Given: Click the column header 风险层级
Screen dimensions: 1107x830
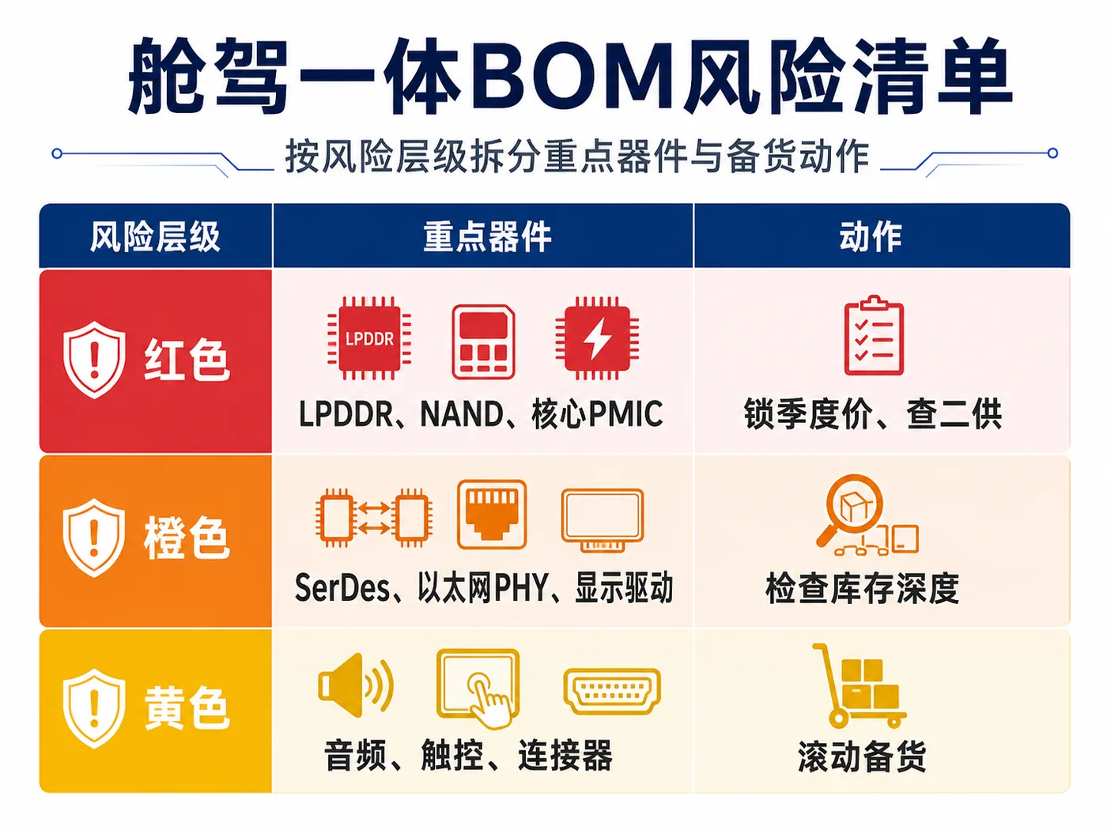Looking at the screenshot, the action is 155,236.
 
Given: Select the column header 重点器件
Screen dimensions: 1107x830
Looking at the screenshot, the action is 486,236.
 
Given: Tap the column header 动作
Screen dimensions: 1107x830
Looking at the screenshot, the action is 871,236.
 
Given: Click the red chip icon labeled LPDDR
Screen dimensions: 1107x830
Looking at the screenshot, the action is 369,338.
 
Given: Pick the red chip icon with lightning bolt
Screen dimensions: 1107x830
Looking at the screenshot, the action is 597,338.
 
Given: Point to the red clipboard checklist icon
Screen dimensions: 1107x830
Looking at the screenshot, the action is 874,335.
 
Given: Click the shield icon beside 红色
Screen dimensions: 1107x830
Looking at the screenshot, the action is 94,360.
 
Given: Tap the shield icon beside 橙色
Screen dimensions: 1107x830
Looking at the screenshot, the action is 94,538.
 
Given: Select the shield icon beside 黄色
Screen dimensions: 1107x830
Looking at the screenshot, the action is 94,708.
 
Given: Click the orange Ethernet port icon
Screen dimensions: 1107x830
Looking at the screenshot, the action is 492,515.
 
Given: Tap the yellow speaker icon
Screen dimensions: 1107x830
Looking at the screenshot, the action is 356,685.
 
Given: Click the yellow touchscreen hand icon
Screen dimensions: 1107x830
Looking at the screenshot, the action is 478,689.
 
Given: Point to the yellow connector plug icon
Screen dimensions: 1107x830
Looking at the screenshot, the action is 612,691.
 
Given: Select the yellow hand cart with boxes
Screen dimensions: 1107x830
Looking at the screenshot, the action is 859,685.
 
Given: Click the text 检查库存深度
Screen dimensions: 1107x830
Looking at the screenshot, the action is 862,589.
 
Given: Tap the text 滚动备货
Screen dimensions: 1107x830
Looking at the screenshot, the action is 862,756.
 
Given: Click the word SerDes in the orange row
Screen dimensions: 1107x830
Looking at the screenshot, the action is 342,588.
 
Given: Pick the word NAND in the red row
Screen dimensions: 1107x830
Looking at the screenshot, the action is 462,413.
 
